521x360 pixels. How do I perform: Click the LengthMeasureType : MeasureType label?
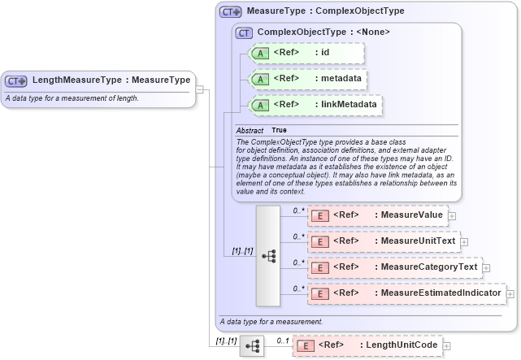click(x=111, y=80)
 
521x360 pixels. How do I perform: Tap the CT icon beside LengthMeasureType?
click(x=16, y=81)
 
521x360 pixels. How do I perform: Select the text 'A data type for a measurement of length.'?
click(x=72, y=98)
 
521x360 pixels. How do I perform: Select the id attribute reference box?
click(x=306, y=53)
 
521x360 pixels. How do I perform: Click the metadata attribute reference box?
click(x=306, y=80)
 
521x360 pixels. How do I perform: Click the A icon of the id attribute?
click(x=259, y=54)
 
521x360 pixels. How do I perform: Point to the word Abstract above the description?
click(x=250, y=130)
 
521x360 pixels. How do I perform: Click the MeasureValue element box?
click(x=377, y=215)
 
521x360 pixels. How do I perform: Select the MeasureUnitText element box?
click(x=383, y=241)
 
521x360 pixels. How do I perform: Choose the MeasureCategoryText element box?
click(x=394, y=267)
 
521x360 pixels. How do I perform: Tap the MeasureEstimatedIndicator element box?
click(x=406, y=293)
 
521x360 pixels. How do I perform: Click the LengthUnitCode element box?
click(x=367, y=345)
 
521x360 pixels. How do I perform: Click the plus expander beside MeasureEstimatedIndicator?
click(x=510, y=294)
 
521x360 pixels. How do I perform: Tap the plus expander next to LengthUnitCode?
click(x=446, y=346)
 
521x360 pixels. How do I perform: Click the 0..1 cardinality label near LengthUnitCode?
click(x=282, y=340)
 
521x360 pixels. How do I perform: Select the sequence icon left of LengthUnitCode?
click(x=252, y=346)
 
